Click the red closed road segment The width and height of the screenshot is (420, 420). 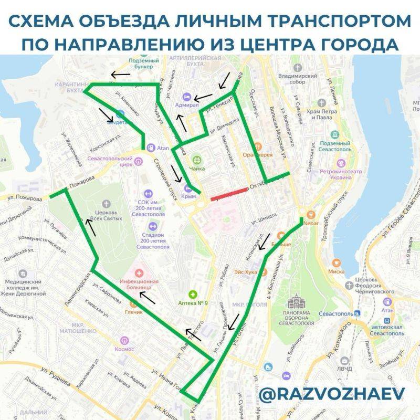229,194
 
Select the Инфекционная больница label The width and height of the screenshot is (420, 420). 139,284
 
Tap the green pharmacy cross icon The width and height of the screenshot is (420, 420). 193,295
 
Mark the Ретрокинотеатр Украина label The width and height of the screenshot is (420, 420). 336,174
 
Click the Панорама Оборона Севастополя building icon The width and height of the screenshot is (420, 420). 299,303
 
